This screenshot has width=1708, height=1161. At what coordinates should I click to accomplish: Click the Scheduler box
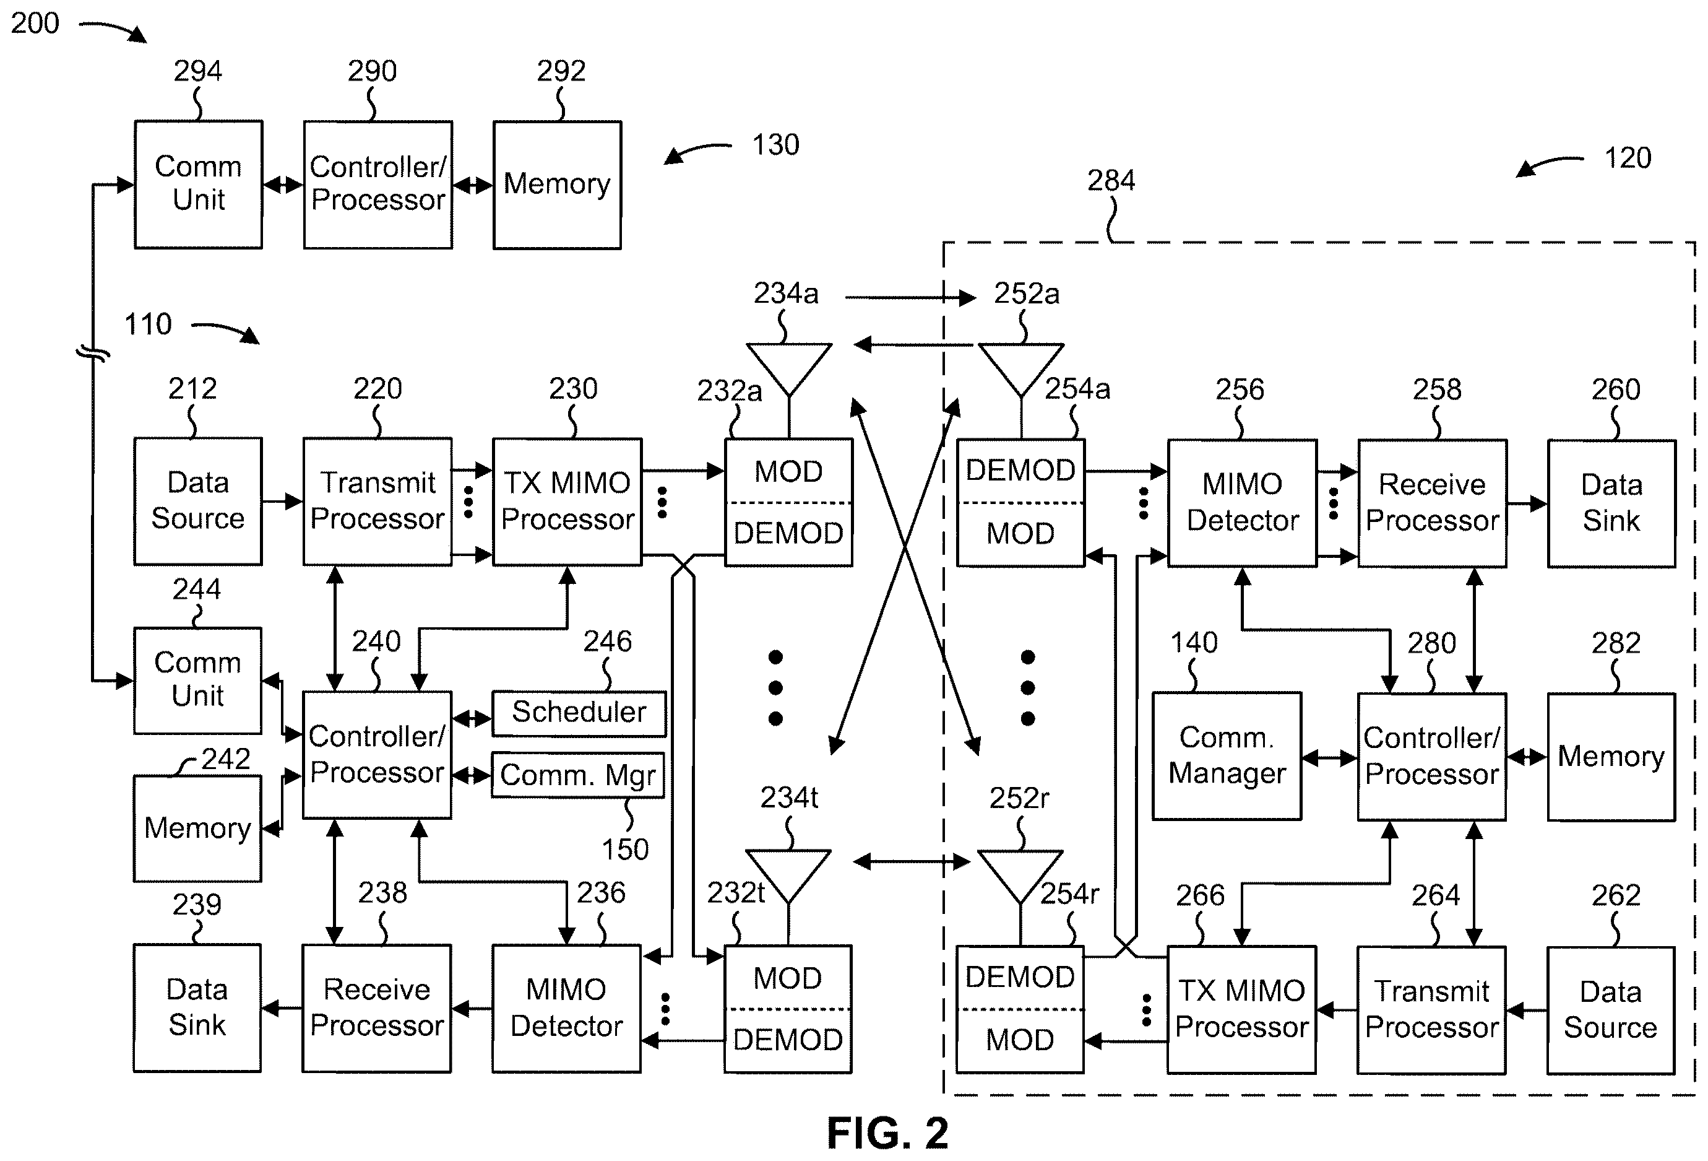(x=579, y=713)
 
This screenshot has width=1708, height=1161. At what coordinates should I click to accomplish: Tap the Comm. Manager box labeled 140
(x=1226, y=756)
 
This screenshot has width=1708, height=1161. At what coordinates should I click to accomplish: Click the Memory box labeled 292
(x=557, y=185)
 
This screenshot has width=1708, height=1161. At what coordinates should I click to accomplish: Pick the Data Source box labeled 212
(x=197, y=502)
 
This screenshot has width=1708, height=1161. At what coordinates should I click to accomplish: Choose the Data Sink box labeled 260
(x=1611, y=503)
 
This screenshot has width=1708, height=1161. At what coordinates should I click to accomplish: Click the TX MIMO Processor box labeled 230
(x=567, y=502)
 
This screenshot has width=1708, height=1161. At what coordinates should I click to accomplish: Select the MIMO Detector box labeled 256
(x=1242, y=503)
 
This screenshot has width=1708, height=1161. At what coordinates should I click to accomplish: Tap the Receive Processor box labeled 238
(x=376, y=1008)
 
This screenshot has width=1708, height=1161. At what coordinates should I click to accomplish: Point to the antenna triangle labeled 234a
(x=788, y=369)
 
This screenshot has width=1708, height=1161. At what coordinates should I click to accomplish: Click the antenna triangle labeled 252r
(x=1020, y=876)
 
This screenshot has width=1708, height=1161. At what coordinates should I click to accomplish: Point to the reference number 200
(x=35, y=24)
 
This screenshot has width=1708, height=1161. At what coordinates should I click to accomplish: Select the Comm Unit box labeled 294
(x=199, y=185)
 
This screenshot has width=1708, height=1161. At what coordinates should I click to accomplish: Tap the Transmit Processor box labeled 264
(x=1431, y=1009)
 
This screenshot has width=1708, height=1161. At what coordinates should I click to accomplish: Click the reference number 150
(x=626, y=850)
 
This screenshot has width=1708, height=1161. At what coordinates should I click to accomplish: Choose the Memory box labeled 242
(x=197, y=828)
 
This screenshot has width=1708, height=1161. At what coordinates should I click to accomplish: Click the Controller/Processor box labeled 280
(x=1431, y=757)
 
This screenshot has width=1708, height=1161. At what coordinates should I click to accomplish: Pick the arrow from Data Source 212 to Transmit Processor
(x=283, y=502)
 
